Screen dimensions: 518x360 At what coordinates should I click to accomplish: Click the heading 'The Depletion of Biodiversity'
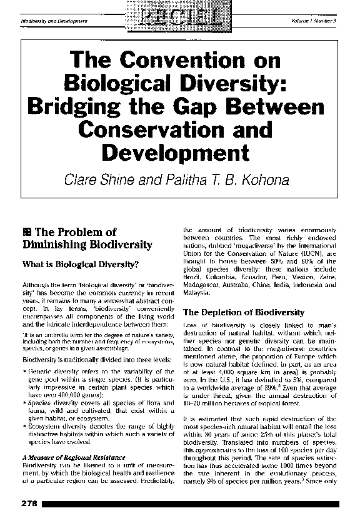click(243, 312)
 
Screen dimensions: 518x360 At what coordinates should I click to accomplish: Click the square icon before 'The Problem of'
click(26, 232)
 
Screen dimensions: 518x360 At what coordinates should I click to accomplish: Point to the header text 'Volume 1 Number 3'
click(314, 21)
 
